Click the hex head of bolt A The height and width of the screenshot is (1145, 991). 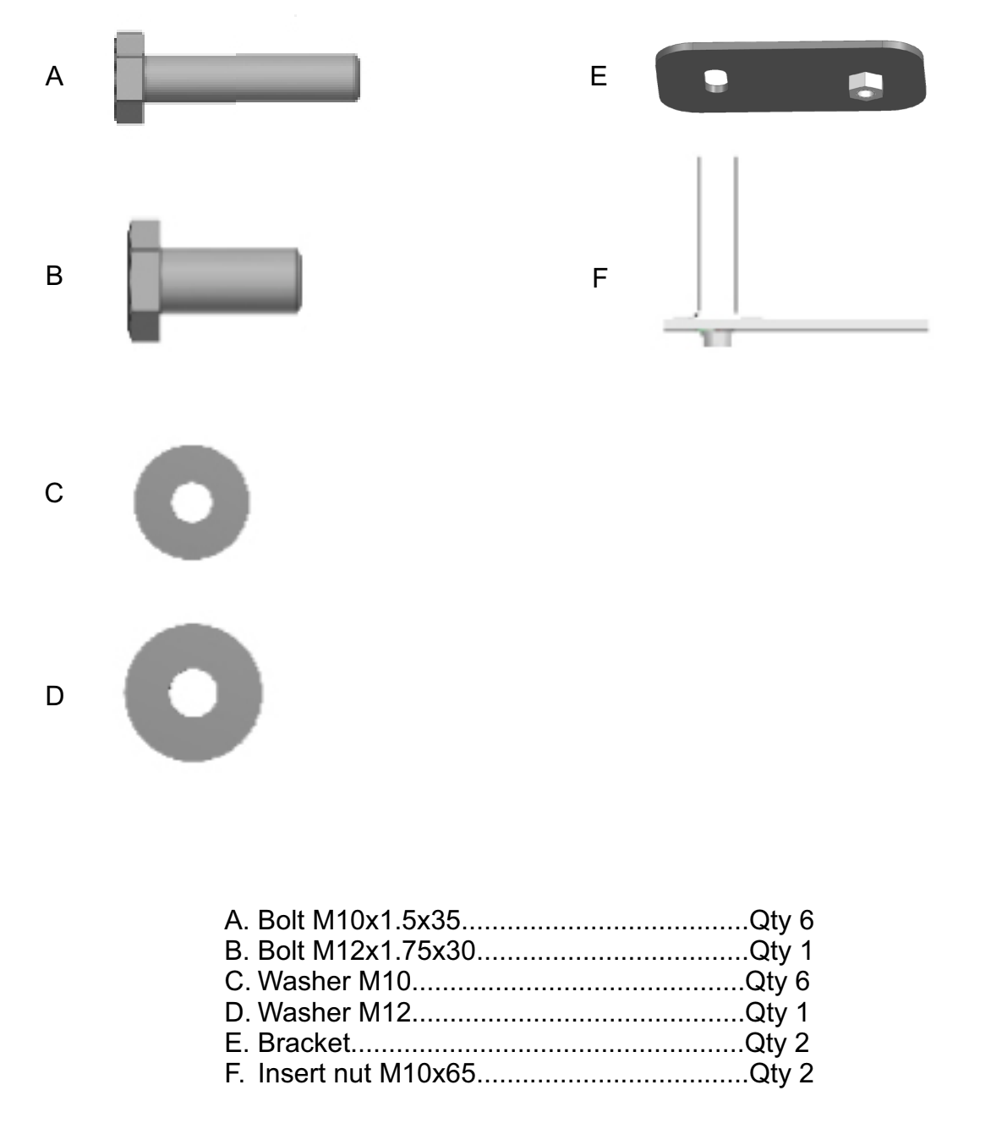(x=129, y=78)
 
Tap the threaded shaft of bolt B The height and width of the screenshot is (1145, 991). (x=231, y=281)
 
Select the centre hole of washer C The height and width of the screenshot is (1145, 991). (x=192, y=502)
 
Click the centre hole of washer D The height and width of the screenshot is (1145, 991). (x=193, y=693)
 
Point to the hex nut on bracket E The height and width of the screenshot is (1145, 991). (x=865, y=86)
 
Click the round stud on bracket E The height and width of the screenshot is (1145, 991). (x=715, y=81)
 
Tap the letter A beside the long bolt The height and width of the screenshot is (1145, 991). (x=54, y=76)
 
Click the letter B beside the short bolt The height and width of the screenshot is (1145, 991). (x=54, y=276)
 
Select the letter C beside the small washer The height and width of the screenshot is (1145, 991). (x=54, y=493)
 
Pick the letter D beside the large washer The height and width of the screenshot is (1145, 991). (x=55, y=696)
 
